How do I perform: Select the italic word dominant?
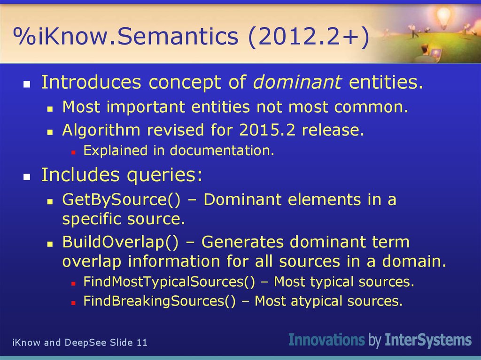[297, 82]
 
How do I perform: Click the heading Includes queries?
[122, 175]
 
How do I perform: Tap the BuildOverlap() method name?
[120, 242]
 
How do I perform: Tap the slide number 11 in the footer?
[142, 343]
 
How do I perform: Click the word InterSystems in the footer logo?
[428, 340]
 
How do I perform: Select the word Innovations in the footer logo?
[326, 340]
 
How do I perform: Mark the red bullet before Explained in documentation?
[73, 152]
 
